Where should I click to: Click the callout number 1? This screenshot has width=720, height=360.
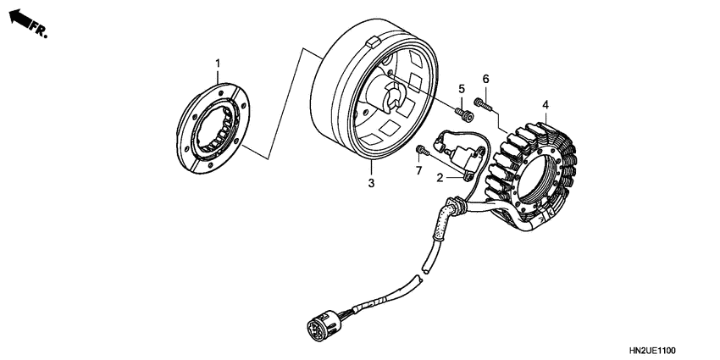point(217,64)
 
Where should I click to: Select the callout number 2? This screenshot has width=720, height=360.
point(440,178)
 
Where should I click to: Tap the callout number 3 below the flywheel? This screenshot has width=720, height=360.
point(370,182)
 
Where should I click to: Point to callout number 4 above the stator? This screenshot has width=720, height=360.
point(546,105)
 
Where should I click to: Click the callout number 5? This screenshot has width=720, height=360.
point(462,89)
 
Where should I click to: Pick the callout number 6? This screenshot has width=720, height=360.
point(485,80)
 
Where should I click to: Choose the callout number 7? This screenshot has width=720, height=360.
point(418,172)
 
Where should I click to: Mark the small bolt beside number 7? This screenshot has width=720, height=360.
point(420,152)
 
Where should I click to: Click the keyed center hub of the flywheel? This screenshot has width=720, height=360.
point(391,97)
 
